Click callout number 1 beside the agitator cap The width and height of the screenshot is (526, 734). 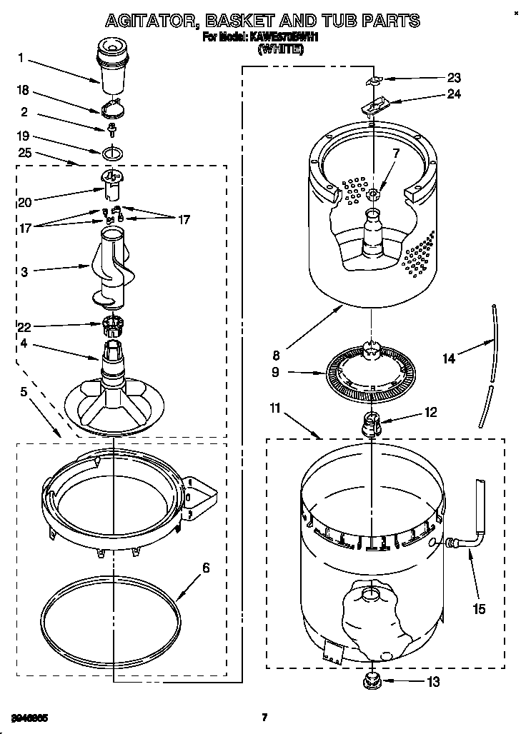pos(22,58)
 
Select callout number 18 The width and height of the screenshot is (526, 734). pos(22,89)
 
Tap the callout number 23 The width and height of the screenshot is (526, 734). pos(454,78)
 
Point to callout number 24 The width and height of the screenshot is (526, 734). pos(454,94)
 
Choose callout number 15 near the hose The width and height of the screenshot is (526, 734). pos(479,608)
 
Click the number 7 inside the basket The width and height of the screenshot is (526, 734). pos(396,153)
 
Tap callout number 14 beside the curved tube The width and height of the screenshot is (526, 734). pos(449,359)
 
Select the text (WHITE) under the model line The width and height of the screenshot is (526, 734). pos(280,49)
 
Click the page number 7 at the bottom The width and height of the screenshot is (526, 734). pos(264,718)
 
